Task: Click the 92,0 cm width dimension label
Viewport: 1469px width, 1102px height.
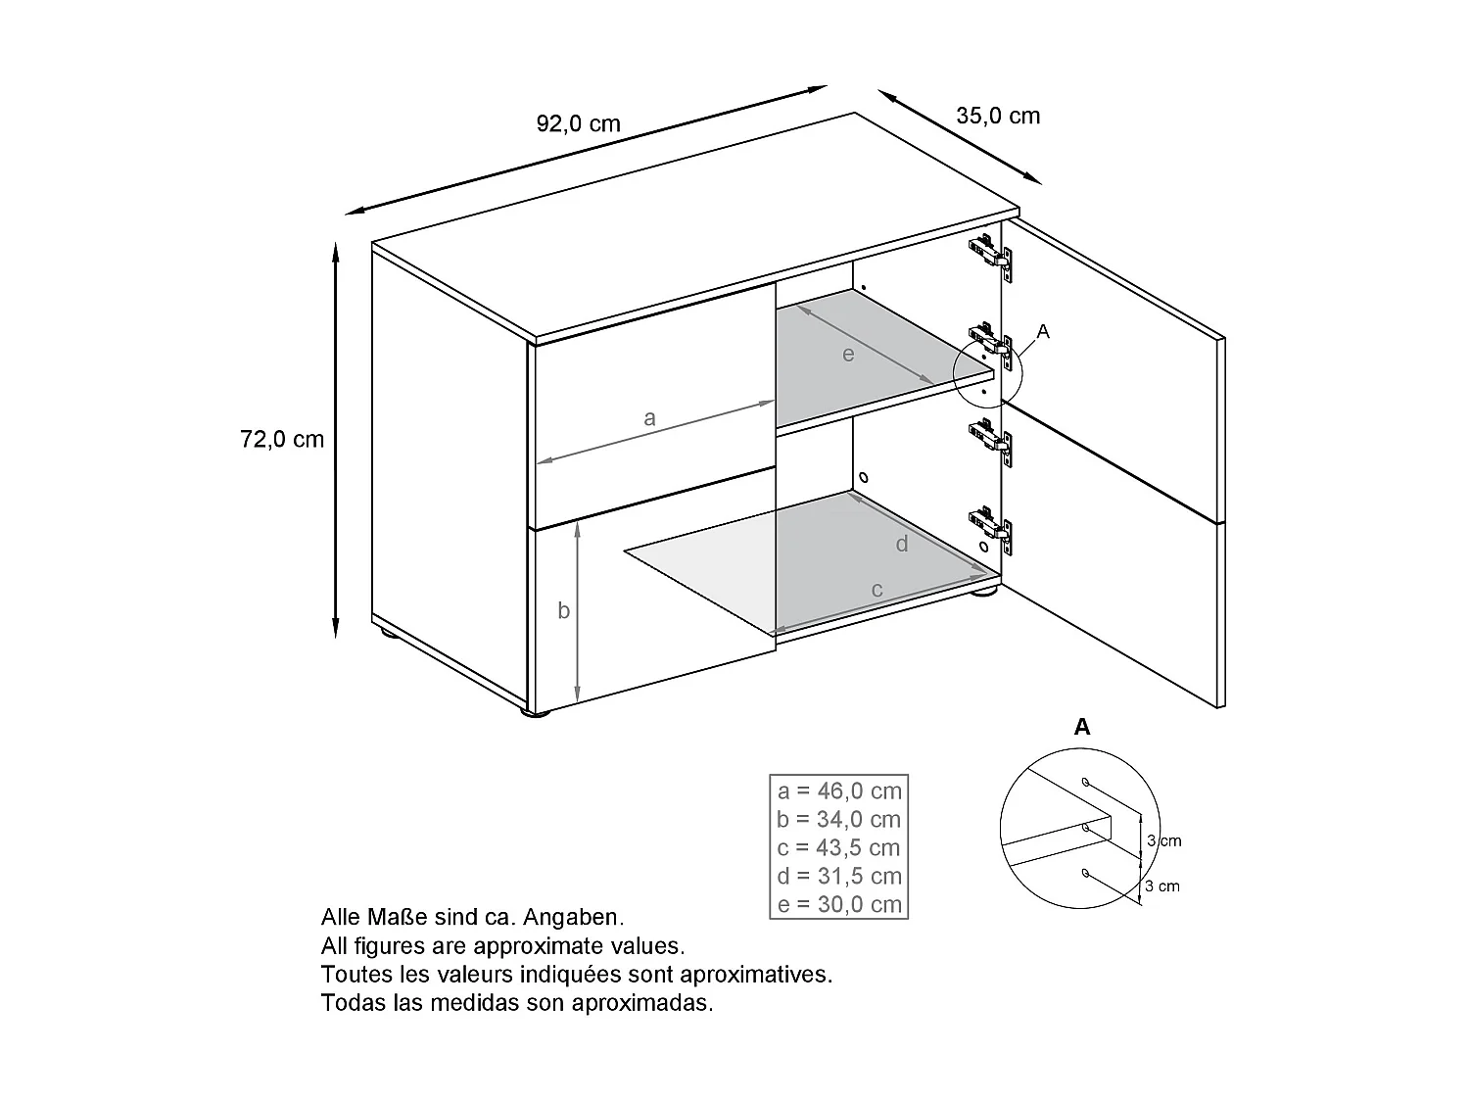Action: tap(578, 123)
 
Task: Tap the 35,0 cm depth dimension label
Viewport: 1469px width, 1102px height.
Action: tap(998, 116)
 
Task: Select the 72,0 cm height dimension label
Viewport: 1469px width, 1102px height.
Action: tap(282, 439)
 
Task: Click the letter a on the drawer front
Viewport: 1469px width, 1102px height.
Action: tap(649, 418)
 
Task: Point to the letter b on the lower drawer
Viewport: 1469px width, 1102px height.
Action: tap(563, 610)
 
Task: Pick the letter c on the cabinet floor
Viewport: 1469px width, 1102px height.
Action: tap(877, 590)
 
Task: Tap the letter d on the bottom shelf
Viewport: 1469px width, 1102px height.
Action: tap(902, 544)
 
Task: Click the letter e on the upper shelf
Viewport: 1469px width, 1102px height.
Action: tap(848, 355)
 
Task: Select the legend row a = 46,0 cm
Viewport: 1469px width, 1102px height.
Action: tap(839, 791)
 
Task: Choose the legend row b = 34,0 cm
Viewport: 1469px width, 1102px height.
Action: tap(839, 820)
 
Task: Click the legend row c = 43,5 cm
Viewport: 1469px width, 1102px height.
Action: tap(839, 848)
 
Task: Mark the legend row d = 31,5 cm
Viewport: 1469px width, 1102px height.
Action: tap(839, 877)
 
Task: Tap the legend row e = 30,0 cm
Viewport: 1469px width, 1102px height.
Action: tap(839, 904)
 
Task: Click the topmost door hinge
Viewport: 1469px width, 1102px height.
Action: tap(991, 254)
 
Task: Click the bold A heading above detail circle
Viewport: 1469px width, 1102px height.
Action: tap(1081, 727)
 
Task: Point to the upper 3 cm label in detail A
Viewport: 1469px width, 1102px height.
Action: tap(1163, 841)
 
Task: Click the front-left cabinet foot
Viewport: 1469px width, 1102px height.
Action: tap(534, 716)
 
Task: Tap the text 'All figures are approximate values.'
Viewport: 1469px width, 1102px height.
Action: tap(502, 946)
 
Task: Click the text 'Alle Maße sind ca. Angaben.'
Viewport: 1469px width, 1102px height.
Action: tap(472, 918)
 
